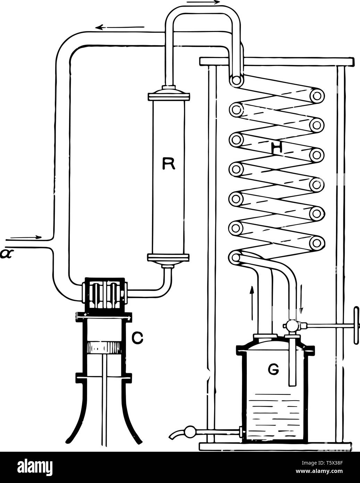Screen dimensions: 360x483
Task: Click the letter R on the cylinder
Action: [x=169, y=163]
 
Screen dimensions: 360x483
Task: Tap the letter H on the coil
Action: [x=277, y=148]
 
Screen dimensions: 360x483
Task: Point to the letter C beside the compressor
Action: [x=137, y=338]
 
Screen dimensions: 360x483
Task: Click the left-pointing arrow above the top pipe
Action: [x=120, y=27]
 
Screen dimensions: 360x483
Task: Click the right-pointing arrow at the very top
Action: [x=203, y=2]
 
